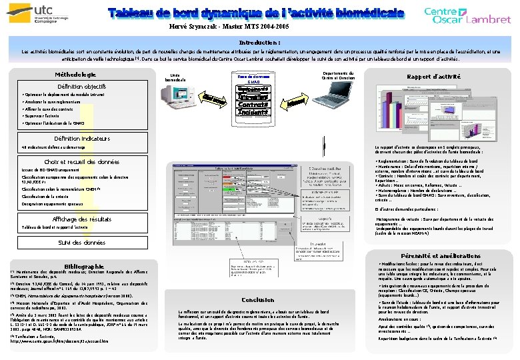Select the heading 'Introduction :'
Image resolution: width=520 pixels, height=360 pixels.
(259, 42)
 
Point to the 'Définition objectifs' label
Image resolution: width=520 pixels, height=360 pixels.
(81, 87)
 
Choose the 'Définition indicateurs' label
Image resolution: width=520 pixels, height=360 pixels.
(83, 138)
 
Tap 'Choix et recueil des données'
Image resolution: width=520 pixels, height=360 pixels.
(81, 162)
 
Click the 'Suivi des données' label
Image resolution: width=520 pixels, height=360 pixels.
(81, 243)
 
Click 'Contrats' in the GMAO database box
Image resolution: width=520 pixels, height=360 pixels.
(253, 105)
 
